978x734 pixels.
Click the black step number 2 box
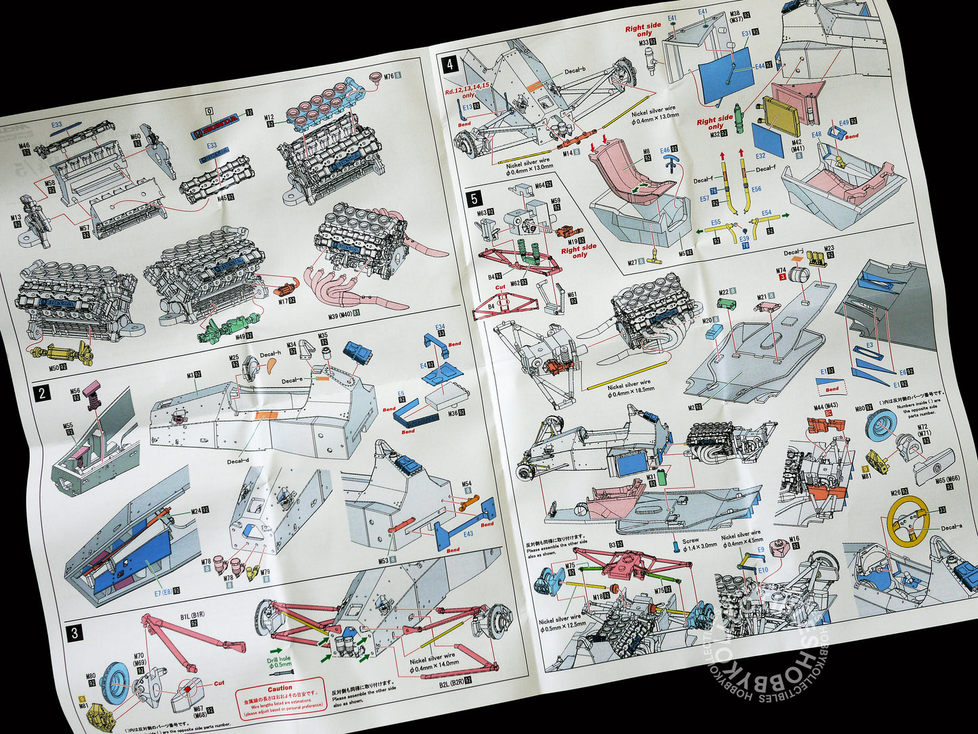click(43, 393)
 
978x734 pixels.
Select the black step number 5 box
click(474, 198)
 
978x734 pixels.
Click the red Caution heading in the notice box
click(280, 688)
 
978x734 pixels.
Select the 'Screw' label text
click(690, 541)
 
